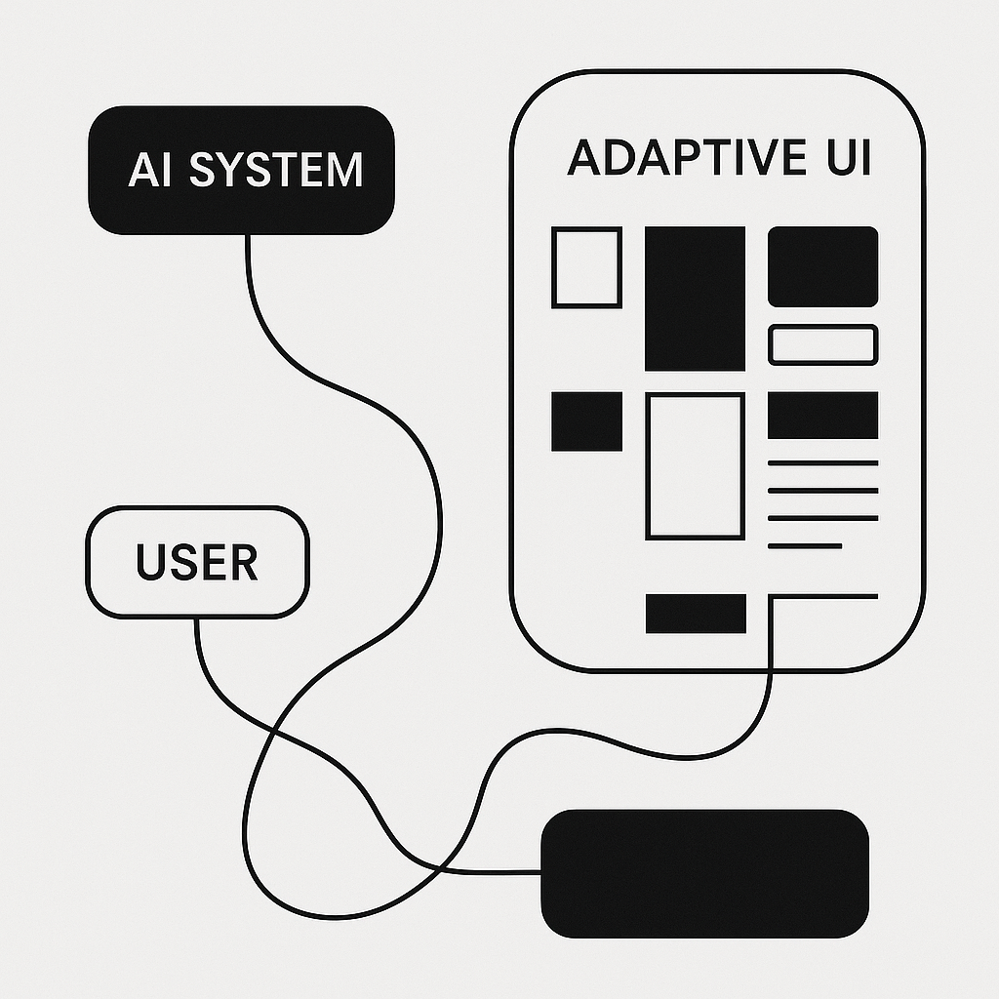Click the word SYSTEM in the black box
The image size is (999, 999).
tap(275, 170)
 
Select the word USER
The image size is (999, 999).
tap(196, 563)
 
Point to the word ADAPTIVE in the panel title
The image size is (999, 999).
tap(673, 158)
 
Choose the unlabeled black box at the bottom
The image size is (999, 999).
tap(704, 872)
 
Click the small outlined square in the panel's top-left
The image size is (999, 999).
tap(586, 266)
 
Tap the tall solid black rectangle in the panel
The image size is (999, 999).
tap(695, 299)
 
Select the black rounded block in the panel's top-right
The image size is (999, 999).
tap(822, 266)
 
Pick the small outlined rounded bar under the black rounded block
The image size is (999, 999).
tap(822, 345)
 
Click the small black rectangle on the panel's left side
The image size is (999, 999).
tap(586, 420)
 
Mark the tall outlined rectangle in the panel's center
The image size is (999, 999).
tap(695, 466)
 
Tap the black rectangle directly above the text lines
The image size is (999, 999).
tap(822, 415)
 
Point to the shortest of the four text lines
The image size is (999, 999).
tap(805, 545)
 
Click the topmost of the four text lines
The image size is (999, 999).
tap(822, 462)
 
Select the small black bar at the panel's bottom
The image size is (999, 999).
tap(696, 613)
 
